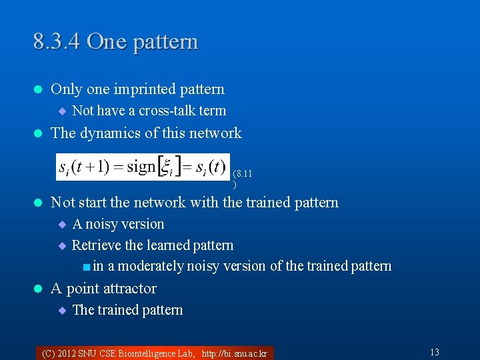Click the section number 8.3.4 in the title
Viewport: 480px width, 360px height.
[x=57, y=41]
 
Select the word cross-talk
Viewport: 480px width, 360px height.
[x=167, y=111]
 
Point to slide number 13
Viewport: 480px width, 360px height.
[x=434, y=352]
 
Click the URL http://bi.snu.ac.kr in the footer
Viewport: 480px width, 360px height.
[x=234, y=353]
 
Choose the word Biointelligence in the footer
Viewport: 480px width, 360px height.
[x=141, y=353]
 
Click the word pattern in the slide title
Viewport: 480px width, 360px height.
[x=165, y=41]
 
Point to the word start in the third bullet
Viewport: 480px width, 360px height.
[x=91, y=202]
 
